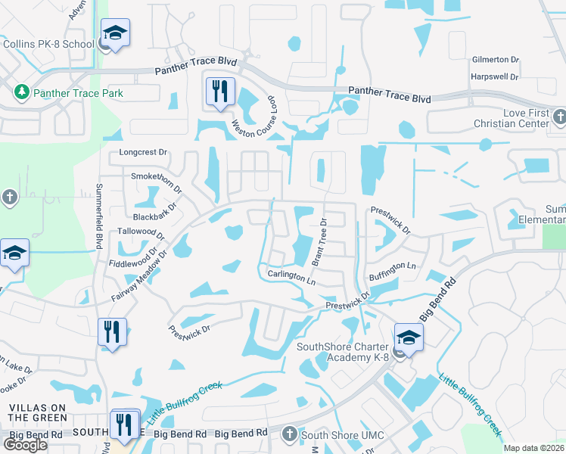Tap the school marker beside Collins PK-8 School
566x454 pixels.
pos(115,34)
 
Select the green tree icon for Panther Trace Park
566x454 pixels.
pos(21,92)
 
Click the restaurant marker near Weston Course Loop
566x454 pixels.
pos(220,92)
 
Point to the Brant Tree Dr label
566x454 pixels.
pos(320,241)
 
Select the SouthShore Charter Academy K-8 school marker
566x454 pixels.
pos(409,337)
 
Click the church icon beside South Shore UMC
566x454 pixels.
pos(289,434)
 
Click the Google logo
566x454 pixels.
pos(25,445)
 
